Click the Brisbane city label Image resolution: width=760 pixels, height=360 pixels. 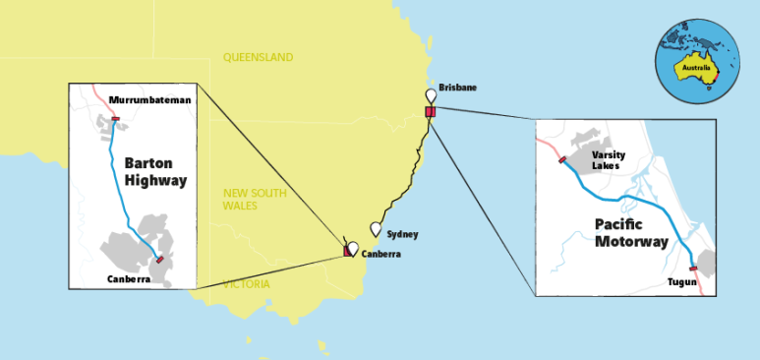(x=457, y=88)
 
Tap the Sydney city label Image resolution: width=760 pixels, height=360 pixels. (x=402, y=234)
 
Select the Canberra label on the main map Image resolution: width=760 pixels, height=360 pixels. (x=380, y=254)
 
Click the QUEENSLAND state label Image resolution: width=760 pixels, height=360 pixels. (x=258, y=57)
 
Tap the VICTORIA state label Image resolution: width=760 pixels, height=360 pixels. (x=246, y=284)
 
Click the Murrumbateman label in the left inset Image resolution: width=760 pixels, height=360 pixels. (x=149, y=100)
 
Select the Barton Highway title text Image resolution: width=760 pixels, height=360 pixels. (x=155, y=172)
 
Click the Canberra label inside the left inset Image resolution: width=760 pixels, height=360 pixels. (x=129, y=279)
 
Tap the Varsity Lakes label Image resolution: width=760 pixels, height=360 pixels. (x=609, y=160)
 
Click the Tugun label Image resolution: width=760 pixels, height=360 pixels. (x=680, y=282)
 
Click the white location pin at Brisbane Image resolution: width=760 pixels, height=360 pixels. (x=430, y=95)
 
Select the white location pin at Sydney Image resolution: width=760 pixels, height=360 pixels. (x=376, y=228)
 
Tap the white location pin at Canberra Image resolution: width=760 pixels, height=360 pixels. (x=353, y=248)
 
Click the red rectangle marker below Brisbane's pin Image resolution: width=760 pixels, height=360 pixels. (x=430, y=112)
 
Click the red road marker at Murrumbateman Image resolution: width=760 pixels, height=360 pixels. (x=116, y=119)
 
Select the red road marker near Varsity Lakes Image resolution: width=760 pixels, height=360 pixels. (x=562, y=159)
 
